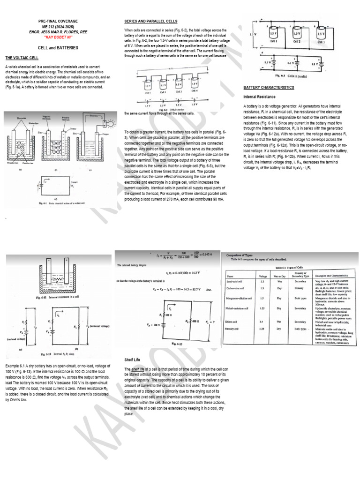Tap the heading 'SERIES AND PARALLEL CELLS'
coord(150,22)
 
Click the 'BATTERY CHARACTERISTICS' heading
coord(269,88)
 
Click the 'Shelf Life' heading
coord(133,360)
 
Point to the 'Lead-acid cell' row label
coord(237,282)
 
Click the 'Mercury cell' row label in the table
coord(235,329)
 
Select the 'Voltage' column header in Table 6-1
coord(262,276)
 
